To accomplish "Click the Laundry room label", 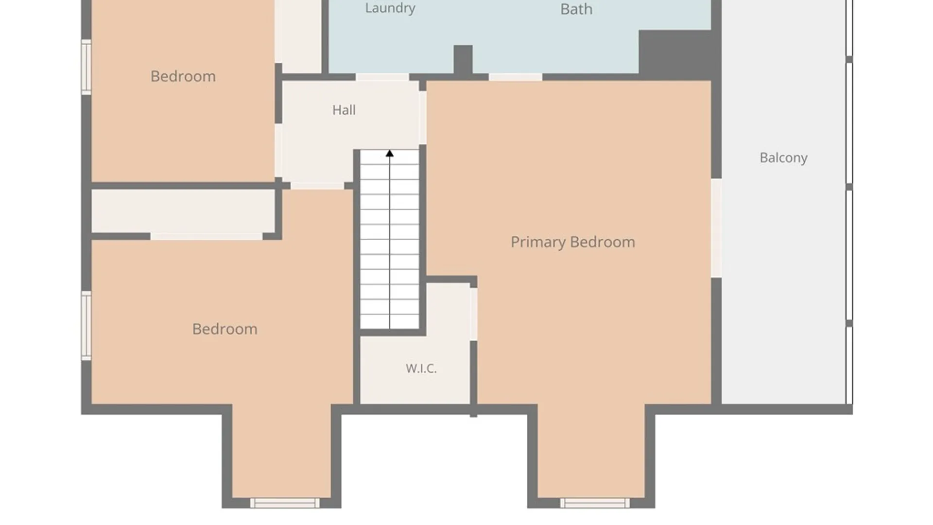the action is click(x=390, y=8).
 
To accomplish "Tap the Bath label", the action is click(x=576, y=9).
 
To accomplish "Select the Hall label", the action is click(x=344, y=110).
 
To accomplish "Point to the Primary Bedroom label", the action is click(x=573, y=242).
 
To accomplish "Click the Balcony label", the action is click(x=783, y=157).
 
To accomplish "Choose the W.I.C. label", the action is click(x=421, y=368).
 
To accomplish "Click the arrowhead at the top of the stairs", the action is click(x=390, y=154).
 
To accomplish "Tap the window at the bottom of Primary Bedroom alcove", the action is click(x=595, y=503).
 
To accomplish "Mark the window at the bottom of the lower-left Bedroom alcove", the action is click(x=285, y=503).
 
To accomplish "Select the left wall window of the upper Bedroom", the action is click(x=86, y=67).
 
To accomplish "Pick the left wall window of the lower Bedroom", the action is click(x=86, y=326).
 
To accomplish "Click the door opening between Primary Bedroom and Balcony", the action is click(x=716, y=228).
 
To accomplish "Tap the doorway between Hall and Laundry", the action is click(x=382, y=77).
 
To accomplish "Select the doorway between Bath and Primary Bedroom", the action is click(x=515, y=77).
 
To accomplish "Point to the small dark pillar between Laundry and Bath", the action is click(x=463, y=60).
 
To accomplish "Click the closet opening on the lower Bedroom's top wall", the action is click(x=207, y=236).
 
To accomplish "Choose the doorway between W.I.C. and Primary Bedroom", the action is click(x=473, y=314).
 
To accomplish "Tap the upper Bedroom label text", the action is click(x=183, y=76).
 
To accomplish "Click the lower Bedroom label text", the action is click(x=225, y=329).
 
